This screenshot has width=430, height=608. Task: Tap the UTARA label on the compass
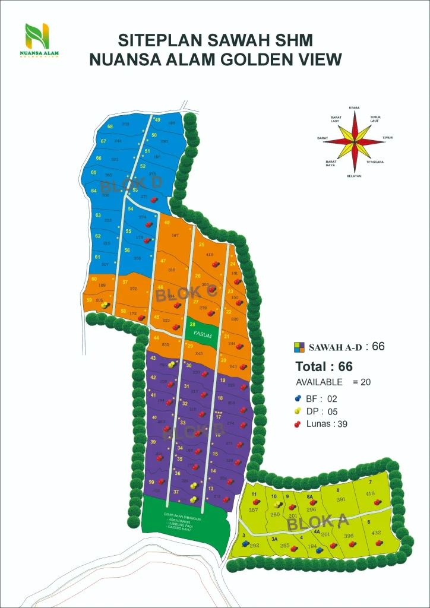click(x=354, y=107)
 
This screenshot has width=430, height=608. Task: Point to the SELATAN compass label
click(x=355, y=176)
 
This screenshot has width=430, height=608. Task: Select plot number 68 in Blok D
click(x=110, y=126)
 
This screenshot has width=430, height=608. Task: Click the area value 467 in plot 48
click(x=175, y=236)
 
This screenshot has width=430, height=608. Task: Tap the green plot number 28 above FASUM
click(x=192, y=324)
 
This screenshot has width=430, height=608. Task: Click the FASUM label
click(x=202, y=335)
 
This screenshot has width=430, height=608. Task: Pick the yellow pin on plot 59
click(x=105, y=305)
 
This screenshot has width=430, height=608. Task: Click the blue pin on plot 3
click(x=245, y=543)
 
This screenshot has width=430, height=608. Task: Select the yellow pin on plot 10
click(x=277, y=505)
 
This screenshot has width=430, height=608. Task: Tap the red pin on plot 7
click(x=377, y=502)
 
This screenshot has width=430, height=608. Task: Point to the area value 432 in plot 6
click(x=376, y=533)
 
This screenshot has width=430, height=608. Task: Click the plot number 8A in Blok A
click(x=310, y=496)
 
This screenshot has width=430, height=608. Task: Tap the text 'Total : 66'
click(x=324, y=366)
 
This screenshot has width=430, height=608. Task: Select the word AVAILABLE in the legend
click(x=319, y=382)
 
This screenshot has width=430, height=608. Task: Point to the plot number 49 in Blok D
click(x=158, y=120)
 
